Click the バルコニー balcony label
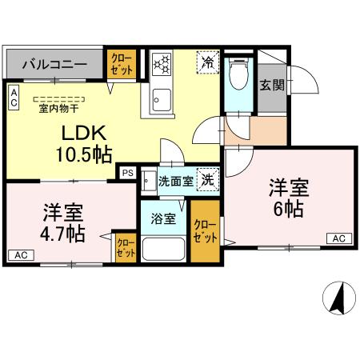54,64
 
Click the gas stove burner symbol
162,62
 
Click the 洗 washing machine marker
207,181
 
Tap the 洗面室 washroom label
175,182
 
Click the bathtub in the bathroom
165,248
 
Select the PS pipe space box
127,171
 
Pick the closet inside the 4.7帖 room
126,248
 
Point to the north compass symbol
338,300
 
